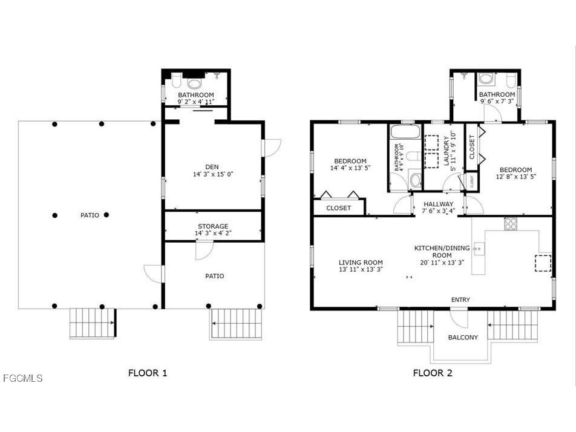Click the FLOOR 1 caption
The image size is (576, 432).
pos(147,373)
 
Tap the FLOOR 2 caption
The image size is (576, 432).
pos(433,373)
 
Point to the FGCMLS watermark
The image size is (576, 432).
pos(23,378)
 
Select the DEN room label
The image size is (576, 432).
pos(212,167)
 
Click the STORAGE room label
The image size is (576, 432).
pos(213,226)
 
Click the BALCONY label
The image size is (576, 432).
pos(462,337)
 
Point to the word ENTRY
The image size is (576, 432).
pos(460,300)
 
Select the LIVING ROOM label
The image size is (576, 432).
pos(361,263)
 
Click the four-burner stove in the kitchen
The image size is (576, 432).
pos(511,224)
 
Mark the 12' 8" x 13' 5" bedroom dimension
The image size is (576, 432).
pos(515,177)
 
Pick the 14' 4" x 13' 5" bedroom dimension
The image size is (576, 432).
pos(350,168)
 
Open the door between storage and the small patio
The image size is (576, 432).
pos(204,249)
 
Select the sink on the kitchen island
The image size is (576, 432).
pos(479,248)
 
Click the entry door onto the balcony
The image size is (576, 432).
pos(459,317)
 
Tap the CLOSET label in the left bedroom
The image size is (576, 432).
pos(338,208)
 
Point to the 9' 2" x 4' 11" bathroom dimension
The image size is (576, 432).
pos(196,102)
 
